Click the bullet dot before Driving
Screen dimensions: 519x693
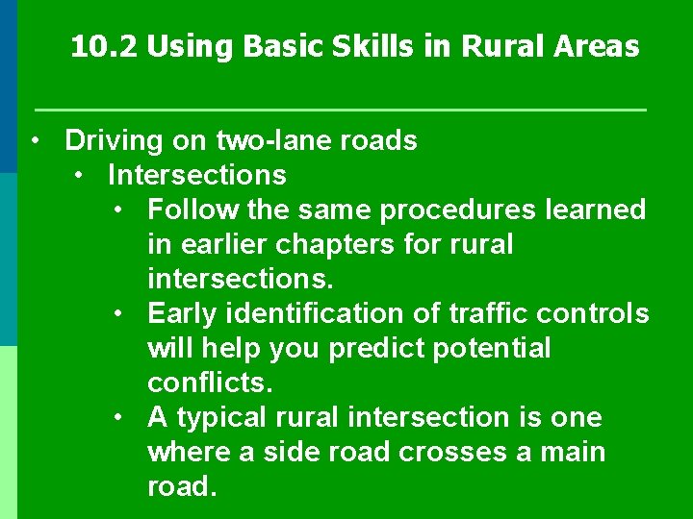click(34, 141)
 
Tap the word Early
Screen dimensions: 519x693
click(183, 313)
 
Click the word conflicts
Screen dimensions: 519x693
click(210, 383)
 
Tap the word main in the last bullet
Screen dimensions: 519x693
click(573, 452)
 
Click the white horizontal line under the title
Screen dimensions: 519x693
click(340, 111)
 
